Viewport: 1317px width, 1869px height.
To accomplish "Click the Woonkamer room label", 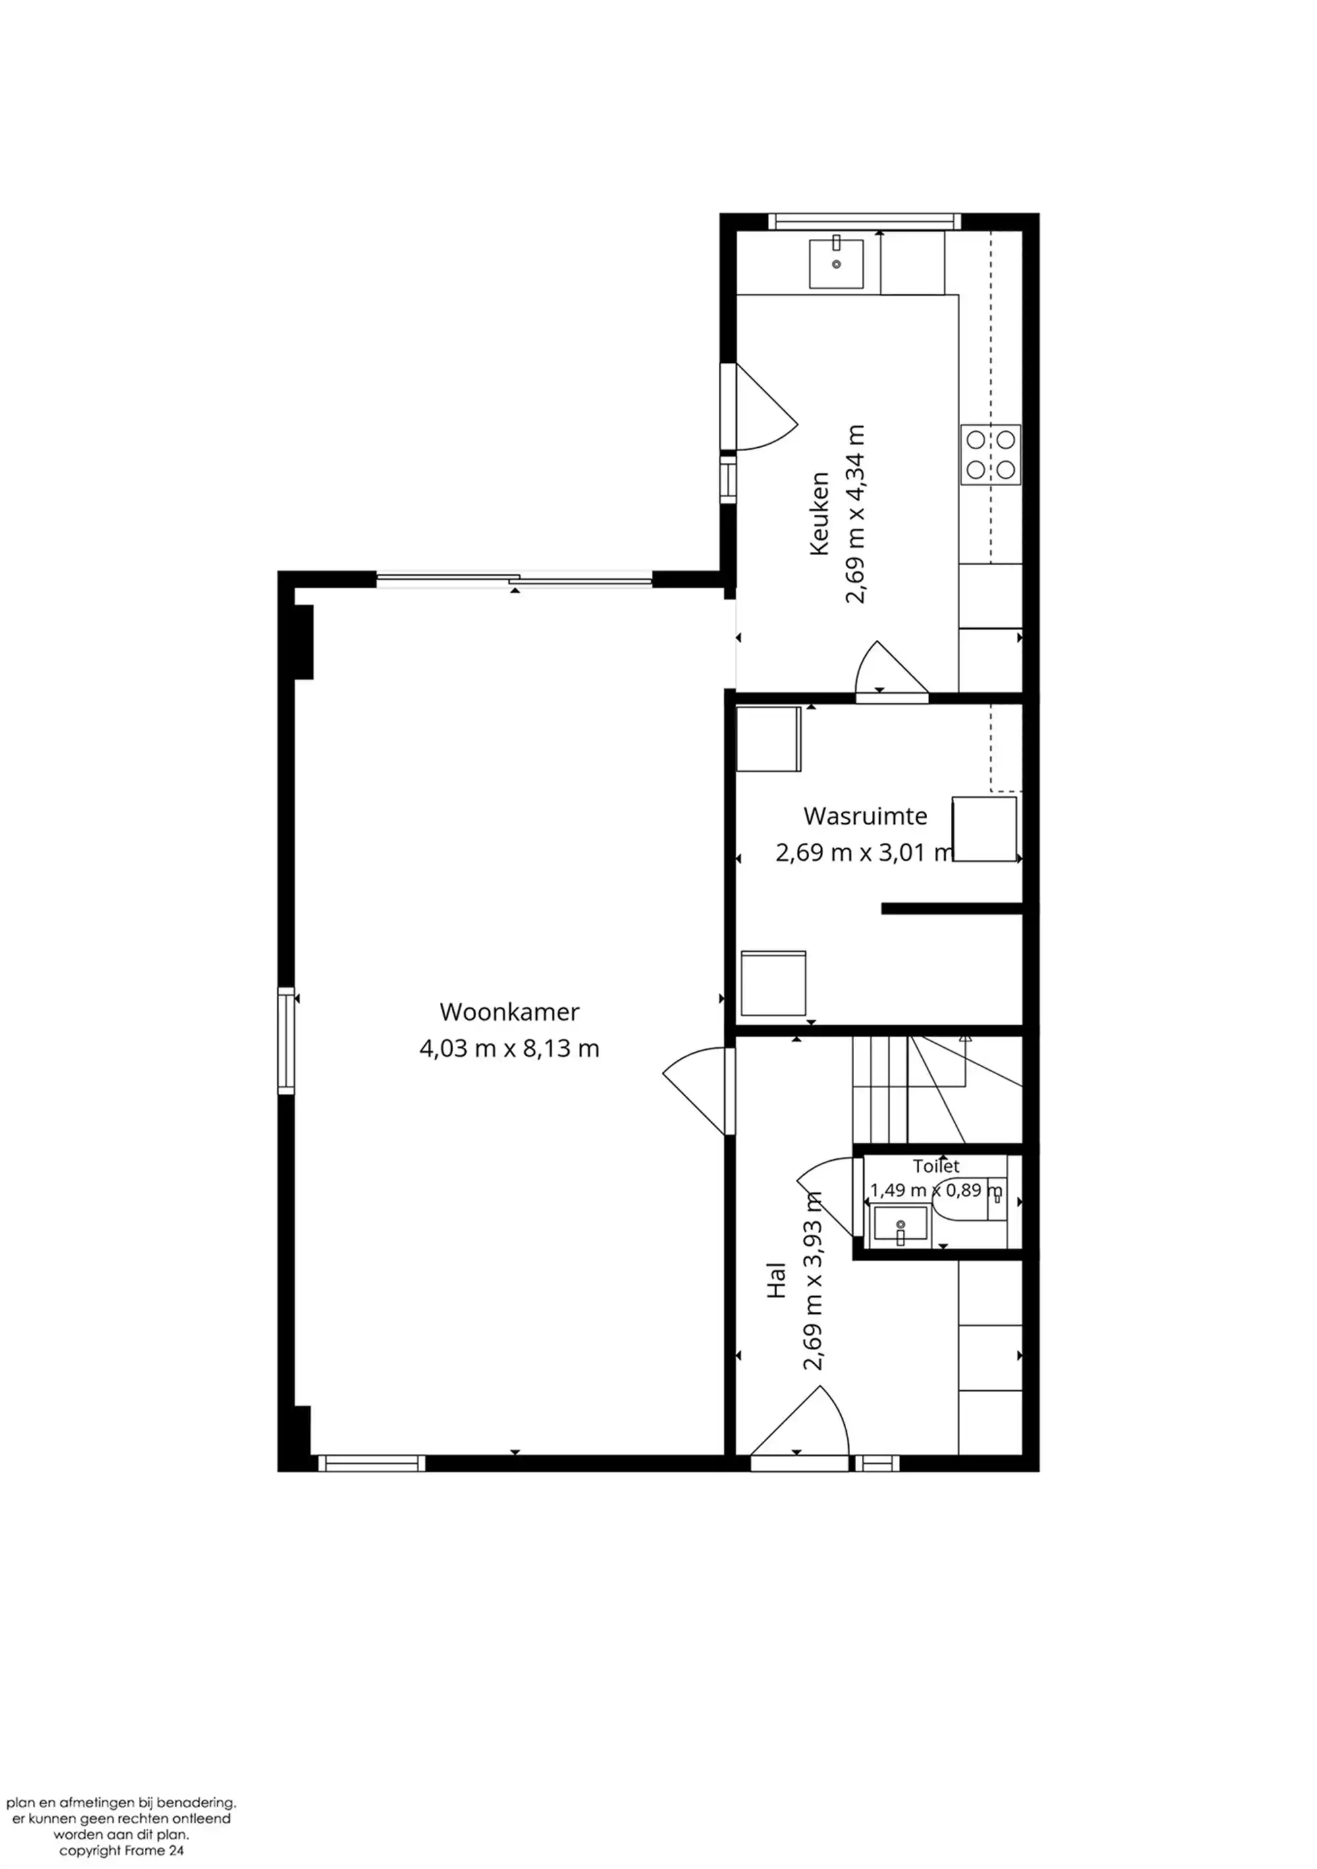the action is [510, 1012].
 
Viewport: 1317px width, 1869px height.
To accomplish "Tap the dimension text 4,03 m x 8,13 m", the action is [510, 1048].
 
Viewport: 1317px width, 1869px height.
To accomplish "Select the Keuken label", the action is [820, 514].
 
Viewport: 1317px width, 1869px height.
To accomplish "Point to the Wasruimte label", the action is [865, 816].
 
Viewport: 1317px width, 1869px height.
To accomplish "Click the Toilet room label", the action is [936, 1166].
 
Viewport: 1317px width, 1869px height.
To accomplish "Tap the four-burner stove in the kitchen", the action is [990, 454].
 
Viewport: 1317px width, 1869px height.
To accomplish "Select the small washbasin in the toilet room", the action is [900, 1227].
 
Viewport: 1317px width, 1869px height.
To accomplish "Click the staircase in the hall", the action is [937, 1090].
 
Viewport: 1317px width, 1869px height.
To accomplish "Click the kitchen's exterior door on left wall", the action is [759, 407].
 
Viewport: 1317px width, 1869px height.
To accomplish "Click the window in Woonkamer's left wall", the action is [286, 1041].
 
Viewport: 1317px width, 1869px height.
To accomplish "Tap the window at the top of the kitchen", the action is [865, 221].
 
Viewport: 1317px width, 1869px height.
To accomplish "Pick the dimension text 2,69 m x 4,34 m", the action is [855, 514].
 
